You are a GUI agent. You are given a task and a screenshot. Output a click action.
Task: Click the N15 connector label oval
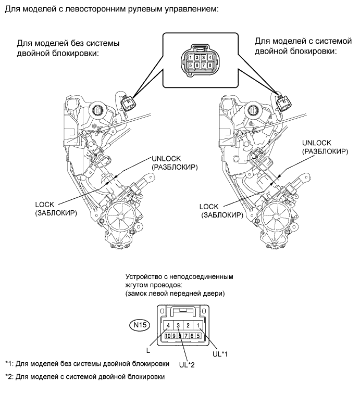[x=140, y=325]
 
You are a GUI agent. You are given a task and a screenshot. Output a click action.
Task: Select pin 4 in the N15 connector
[x=168, y=326]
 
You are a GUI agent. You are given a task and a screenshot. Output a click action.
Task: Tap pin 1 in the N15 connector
[x=198, y=326]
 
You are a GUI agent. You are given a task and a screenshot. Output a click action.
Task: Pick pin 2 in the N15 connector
[x=188, y=326]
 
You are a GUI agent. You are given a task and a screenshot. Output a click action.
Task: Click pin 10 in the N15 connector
[x=168, y=336]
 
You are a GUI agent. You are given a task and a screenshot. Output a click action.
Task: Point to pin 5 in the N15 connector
[x=198, y=336]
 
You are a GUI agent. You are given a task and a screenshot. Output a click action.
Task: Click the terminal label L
[x=148, y=351]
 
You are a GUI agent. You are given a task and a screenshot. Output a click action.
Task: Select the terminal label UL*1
[x=220, y=354]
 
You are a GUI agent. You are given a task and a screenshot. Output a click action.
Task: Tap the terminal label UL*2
[x=187, y=365]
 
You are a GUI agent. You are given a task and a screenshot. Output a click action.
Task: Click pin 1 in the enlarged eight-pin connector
[x=191, y=58]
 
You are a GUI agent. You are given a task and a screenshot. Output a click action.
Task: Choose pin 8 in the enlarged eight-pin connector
[x=210, y=66]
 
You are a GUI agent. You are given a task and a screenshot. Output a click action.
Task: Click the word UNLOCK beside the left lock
[x=166, y=159]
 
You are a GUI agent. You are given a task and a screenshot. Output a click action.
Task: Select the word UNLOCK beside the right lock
[x=316, y=143]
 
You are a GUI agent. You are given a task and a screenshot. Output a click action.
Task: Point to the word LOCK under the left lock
[x=44, y=205]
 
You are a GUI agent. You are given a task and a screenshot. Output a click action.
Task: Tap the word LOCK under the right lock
[x=209, y=207]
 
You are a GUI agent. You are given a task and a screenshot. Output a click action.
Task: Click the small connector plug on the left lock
[x=128, y=103]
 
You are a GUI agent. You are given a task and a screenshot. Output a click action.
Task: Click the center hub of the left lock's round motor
[x=121, y=216]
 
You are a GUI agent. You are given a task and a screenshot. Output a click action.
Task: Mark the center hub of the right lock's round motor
[x=276, y=216]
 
